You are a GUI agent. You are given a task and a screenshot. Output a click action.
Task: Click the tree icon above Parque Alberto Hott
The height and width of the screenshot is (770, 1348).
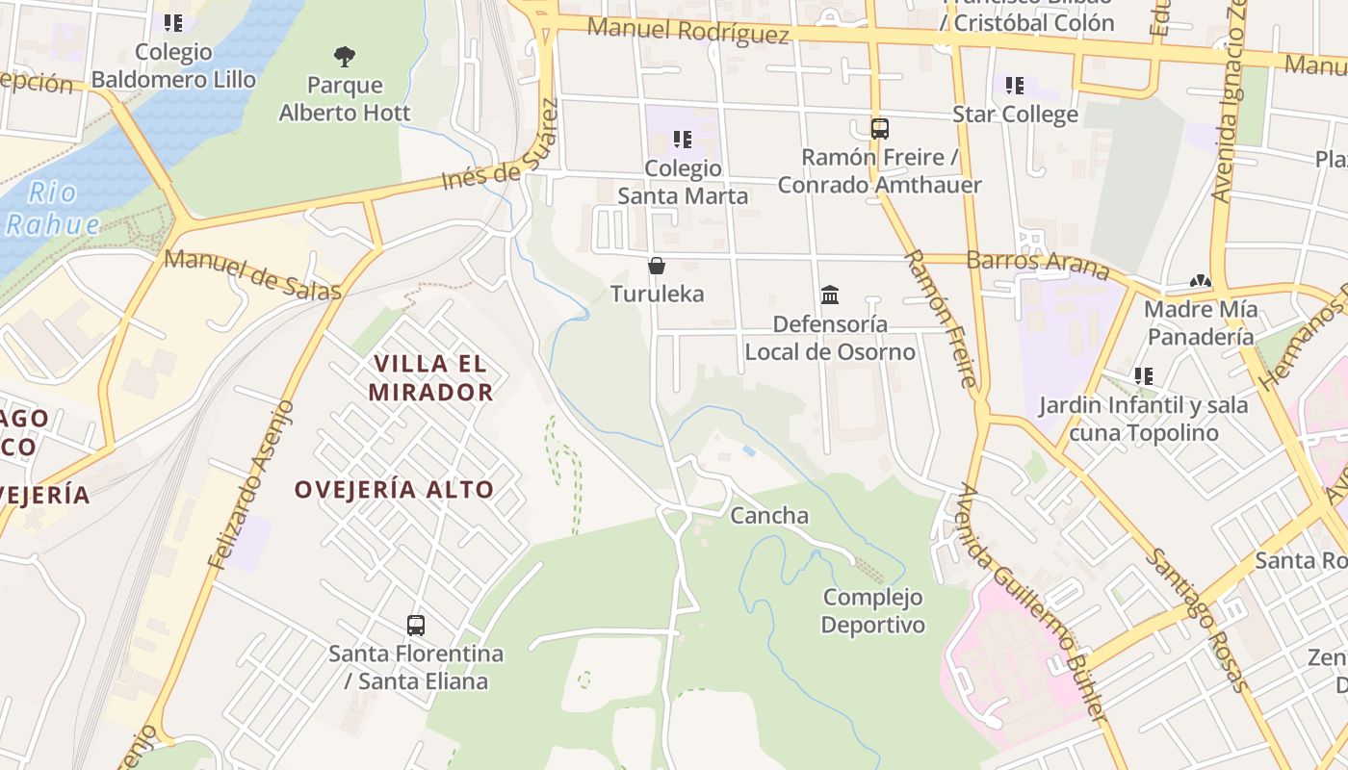tap(344, 56)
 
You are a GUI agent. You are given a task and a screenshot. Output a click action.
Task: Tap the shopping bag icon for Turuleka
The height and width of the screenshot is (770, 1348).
tap(657, 266)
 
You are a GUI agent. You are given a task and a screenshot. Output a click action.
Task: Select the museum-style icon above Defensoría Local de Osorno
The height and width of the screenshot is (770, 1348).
tap(830, 295)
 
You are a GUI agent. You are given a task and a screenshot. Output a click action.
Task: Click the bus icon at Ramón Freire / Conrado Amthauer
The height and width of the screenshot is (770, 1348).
tap(879, 128)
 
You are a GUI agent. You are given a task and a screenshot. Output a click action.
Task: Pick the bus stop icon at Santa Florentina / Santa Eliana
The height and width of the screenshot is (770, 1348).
tap(416, 625)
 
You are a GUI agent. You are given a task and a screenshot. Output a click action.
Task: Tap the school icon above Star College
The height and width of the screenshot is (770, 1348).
tap(1014, 86)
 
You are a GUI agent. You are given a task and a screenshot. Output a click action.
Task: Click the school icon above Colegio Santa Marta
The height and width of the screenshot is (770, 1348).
tap(683, 140)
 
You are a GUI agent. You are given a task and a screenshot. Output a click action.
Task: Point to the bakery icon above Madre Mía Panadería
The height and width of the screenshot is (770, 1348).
tap(1200, 281)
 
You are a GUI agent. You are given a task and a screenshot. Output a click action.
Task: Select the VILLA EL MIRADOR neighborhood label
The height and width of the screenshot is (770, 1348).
tap(430, 377)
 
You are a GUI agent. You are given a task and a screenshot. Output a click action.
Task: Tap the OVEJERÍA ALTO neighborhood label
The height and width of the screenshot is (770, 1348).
tap(394, 489)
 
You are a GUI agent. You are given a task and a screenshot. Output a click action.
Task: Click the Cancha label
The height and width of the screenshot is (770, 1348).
tap(769, 516)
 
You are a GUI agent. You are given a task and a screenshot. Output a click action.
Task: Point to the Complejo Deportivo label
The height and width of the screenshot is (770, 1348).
tap(872, 611)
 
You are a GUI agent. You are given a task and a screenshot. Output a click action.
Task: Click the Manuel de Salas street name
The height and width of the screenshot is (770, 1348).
tap(252, 274)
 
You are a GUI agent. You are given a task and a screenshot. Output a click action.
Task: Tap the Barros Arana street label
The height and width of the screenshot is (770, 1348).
tap(1037, 263)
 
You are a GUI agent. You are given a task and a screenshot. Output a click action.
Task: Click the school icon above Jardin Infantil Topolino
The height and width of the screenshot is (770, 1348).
tap(1143, 376)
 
